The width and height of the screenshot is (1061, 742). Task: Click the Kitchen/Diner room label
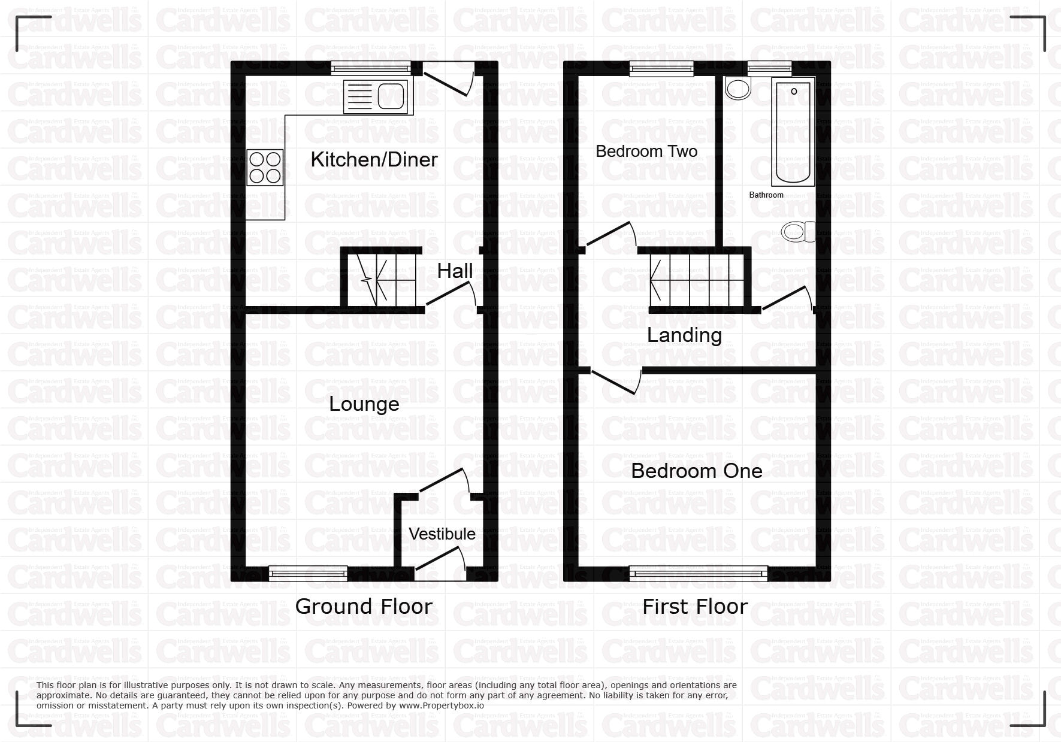point(374,159)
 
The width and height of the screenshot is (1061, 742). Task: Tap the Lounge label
point(364,404)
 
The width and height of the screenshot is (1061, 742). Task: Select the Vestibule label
point(442,534)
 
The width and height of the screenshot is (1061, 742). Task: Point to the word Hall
point(455,271)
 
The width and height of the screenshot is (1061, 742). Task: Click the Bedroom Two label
point(646,151)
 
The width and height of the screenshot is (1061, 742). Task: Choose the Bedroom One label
point(696,471)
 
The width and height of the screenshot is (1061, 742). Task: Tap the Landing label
point(684,335)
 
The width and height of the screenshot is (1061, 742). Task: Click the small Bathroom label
point(766,195)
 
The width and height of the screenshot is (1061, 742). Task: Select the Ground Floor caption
point(364,607)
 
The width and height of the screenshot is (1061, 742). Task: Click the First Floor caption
point(695,607)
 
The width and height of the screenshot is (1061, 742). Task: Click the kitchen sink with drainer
point(376,97)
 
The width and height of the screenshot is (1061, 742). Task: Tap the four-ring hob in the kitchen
point(265,166)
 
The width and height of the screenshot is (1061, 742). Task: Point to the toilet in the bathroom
point(798,231)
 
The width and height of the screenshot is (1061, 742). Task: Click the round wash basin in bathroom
point(737,89)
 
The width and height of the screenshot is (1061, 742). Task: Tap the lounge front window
point(308,574)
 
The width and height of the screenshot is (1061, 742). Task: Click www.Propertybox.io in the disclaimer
point(440,705)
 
